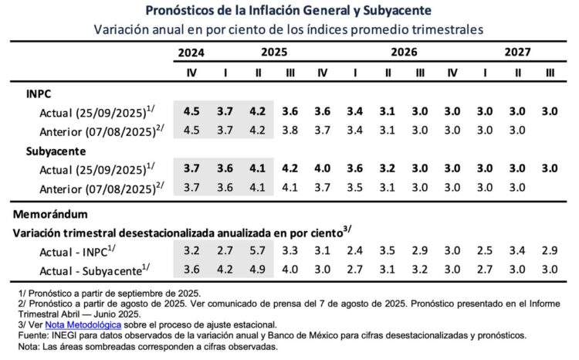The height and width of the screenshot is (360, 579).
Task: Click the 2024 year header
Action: [191, 53]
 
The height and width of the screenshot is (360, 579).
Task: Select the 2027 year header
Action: [517, 53]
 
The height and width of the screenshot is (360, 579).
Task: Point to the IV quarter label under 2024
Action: [191, 73]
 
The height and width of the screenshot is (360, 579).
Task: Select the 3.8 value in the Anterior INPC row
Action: [290, 130]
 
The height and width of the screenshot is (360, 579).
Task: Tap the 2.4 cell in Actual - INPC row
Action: [354, 251]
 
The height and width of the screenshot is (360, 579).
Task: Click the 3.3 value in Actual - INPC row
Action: [290, 251]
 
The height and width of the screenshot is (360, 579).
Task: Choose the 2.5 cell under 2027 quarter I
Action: [485, 251]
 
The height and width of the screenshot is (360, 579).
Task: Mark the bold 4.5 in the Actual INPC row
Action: [191, 111]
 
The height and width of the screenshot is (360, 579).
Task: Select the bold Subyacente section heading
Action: [55, 151]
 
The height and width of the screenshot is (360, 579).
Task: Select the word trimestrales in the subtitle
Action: [442, 29]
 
